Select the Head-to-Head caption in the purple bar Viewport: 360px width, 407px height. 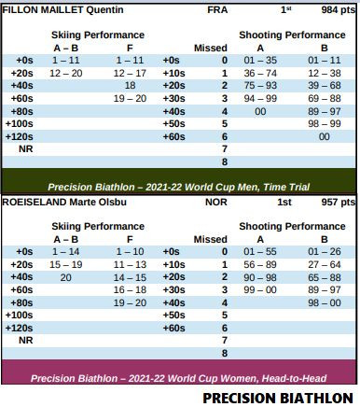179,378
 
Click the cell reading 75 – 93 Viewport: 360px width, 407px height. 259,84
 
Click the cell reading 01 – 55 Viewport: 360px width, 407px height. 259,251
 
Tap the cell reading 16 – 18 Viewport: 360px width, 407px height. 130,289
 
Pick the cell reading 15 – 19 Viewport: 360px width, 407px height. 65,264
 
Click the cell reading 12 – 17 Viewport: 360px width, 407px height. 130,72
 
